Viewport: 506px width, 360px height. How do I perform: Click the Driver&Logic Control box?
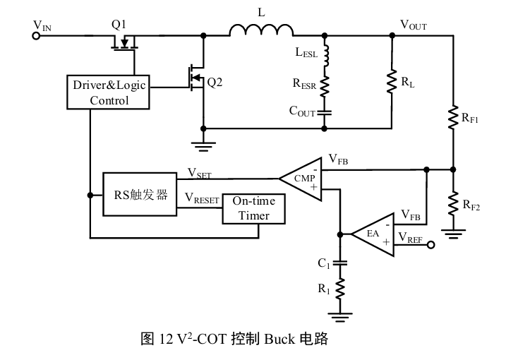click(109, 92)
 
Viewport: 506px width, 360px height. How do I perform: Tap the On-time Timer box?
click(253, 208)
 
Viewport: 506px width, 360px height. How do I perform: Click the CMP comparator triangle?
click(302, 179)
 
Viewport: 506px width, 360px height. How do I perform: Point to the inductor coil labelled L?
click(262, 31)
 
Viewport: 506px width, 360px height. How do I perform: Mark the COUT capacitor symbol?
click(325, 111)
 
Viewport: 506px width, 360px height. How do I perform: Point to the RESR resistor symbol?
click(325, 85)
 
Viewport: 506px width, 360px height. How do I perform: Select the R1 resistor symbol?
click(341, 289)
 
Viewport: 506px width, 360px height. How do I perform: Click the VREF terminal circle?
click(428, 246)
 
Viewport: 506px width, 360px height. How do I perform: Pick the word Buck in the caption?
click(281, 340)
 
